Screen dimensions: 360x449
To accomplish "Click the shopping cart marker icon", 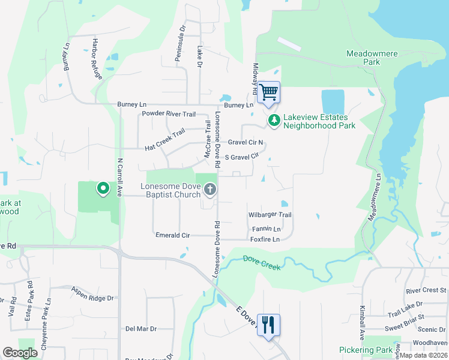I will (x=270, y=92).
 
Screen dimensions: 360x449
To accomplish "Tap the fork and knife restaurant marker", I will (x=268, y=325).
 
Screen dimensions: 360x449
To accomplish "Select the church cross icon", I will (x=210, y=190).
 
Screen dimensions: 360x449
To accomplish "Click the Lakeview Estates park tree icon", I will (x=274, y=121).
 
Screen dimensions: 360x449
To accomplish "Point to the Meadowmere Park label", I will (x=372, y=58).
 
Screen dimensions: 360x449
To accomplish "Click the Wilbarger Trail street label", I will (x=270, y=215).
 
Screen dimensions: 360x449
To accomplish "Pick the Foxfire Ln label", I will (x=265, y=239).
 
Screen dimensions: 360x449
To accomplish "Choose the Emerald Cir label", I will (x=172, y=235).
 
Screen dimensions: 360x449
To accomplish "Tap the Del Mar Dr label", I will (x=140, y=329).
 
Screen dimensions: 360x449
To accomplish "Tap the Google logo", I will (x=20, y=353).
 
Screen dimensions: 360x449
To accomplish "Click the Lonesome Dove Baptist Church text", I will (x=170, y=190).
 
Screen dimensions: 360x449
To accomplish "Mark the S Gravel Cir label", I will (x=241, y=156).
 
